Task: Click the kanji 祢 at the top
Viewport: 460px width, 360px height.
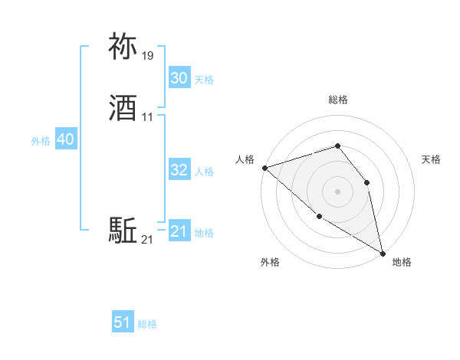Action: point(123,47)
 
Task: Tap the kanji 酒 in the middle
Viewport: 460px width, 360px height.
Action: point(123,108)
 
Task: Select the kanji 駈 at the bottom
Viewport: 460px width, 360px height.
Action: point(123,231)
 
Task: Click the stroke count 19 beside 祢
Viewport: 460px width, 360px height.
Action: point(148,56)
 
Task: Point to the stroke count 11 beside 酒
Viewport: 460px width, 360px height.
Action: point(148,117)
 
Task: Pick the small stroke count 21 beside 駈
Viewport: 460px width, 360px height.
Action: point(148,240)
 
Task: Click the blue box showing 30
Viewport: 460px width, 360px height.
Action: point(179,78)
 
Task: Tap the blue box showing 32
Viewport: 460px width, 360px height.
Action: point(179,170)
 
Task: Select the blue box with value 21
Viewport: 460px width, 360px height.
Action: point(179,231)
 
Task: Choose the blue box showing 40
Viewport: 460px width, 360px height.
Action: point(65,139)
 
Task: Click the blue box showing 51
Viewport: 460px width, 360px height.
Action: point(123,322)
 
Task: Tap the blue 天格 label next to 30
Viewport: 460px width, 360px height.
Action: point(204,80)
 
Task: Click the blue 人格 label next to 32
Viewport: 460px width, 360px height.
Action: point(204,172)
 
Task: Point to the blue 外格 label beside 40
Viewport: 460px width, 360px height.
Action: point(41,141)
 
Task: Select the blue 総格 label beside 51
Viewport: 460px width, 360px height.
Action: point(147,324)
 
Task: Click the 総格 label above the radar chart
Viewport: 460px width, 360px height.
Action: point(337,100)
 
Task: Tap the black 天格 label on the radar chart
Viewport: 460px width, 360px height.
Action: point(432,159)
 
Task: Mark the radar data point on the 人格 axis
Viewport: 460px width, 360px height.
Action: point(264,168)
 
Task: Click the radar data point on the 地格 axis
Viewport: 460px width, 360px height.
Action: point(381,251)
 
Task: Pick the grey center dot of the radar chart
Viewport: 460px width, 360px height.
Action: point(337,191)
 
